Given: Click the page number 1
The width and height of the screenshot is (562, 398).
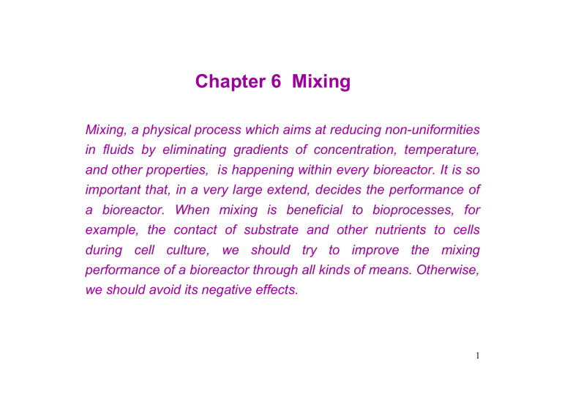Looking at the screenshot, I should coord(477,357).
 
